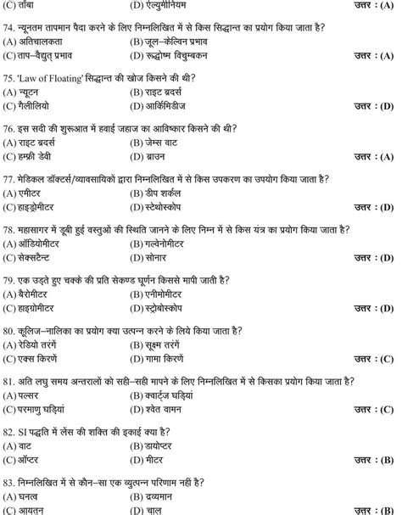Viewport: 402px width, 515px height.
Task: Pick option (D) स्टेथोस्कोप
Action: (166, 206)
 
